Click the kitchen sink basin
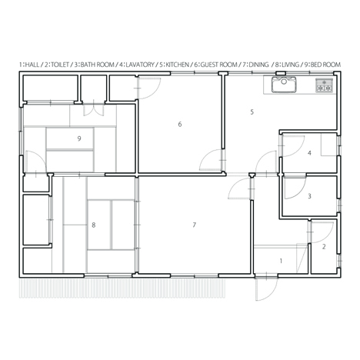tap(284, 85)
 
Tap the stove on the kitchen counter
tap(325, 85)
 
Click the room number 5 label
tap(252, 112)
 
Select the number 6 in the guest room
tap(180, 124)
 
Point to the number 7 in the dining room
tap(195, 225)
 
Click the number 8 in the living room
tap(94, 225)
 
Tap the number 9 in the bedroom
tap(79, 138)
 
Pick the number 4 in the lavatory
tap(309, 153)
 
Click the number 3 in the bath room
tap(309, 196)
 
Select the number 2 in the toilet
tap(324, 247)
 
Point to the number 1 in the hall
tap(281, 261)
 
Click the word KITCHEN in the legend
tap(178, 65)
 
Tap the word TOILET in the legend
tap(60, 65)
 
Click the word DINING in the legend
tap(258, 65)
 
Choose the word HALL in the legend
tap(32, 65)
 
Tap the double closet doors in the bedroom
tap(94, 110)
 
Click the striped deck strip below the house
tap(122, 288)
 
